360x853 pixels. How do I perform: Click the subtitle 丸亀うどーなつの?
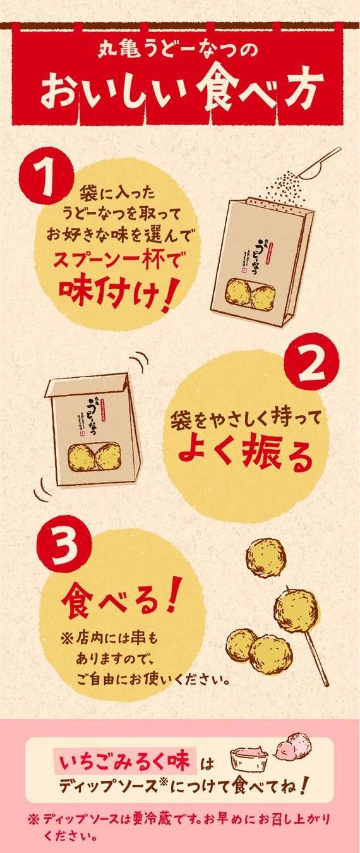(180, 50)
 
